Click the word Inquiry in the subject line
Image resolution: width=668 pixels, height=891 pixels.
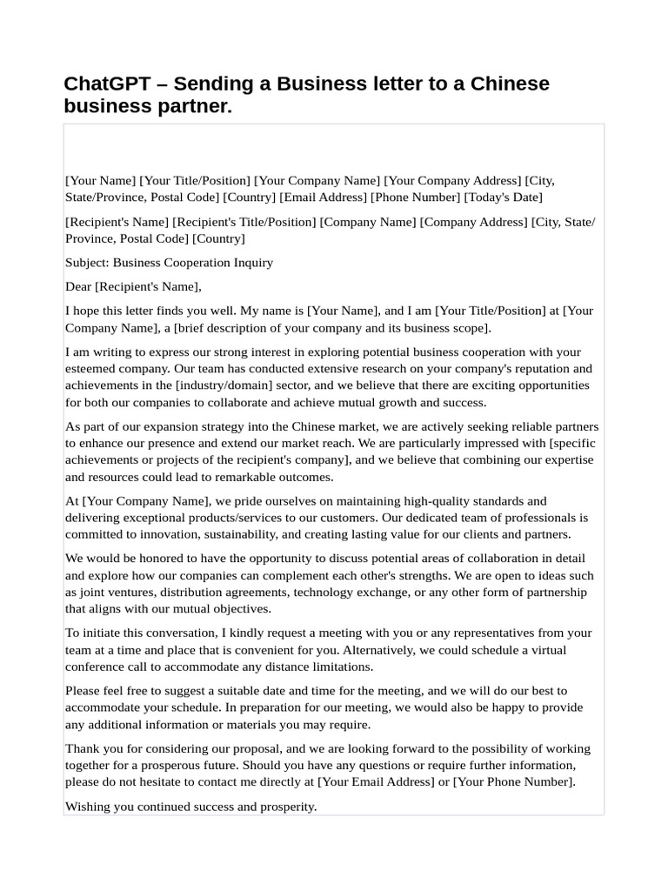pos(251,263)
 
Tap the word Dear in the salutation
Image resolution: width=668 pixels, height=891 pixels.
pos(78,286)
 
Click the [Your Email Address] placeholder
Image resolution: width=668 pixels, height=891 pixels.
pos(376,781)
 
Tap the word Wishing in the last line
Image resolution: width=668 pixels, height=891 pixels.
pos(87,807)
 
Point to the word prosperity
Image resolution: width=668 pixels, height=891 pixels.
pos(287,807)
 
